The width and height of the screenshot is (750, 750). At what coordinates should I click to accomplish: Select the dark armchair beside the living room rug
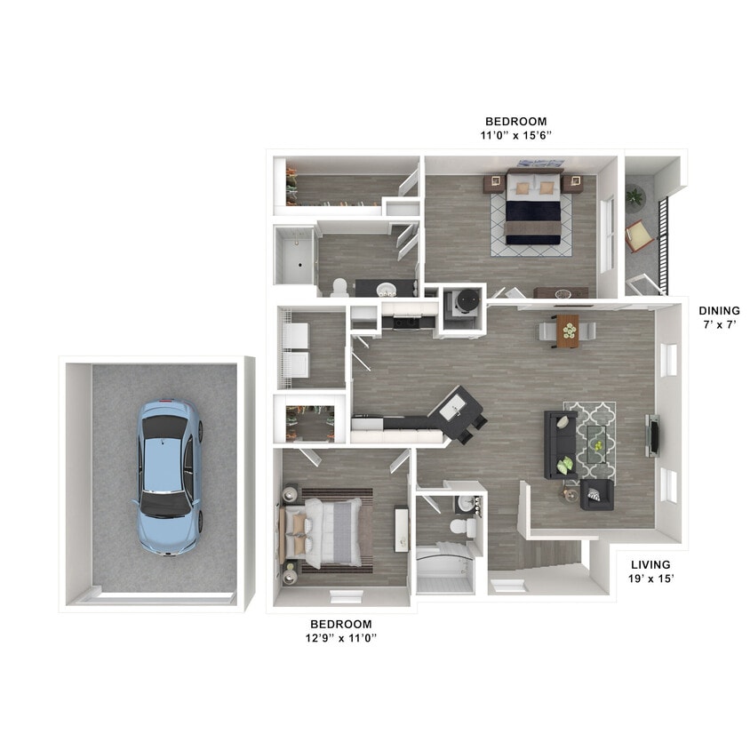click(598, 494)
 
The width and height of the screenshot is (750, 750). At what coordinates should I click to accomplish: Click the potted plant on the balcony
click(634, 195)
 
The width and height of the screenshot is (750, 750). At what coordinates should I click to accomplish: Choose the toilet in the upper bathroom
click(339, 287)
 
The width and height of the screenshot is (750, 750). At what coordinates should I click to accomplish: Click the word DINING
click(719, 311)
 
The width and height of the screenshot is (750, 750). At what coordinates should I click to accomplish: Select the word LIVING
click(650, 564)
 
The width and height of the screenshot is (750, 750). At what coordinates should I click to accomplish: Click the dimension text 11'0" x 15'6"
click(515, 136)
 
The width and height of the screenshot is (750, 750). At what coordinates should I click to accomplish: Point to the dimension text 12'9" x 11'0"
click(342, 638)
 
